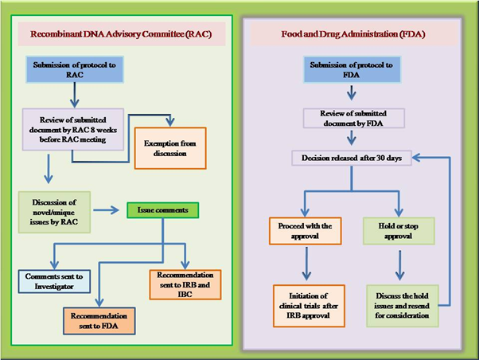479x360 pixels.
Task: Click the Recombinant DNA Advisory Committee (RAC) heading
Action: [x=120, y=35]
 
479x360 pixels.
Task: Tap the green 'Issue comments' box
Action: [x=162, y=210]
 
